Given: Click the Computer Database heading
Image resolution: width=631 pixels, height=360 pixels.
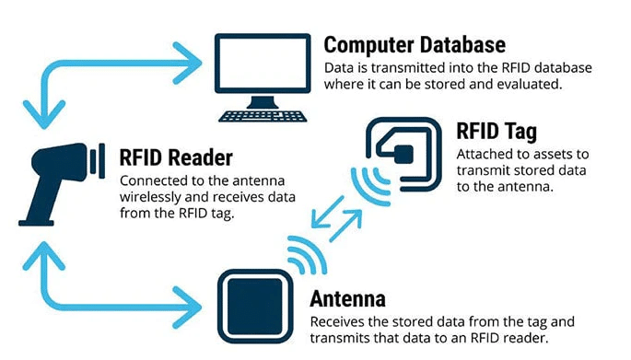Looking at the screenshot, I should click(x=415, y=46).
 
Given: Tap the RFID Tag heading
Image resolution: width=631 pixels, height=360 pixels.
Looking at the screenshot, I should click(x=496, y=132).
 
